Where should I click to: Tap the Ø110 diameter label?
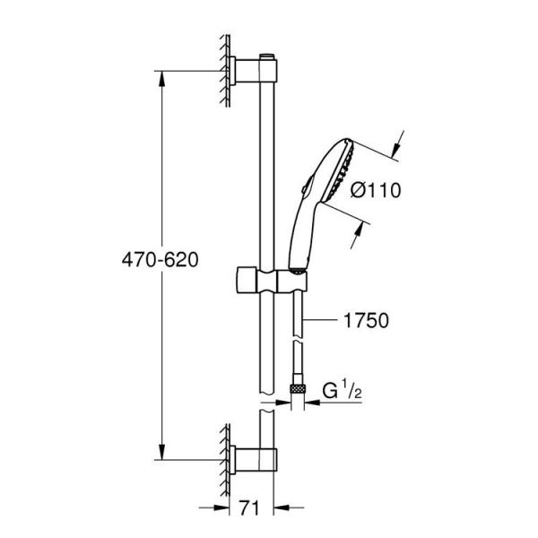pyautogui.click(x=375, y=190)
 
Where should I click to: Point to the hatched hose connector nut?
pyautogui.click(x=298, y=388)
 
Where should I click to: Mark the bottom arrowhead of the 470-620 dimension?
pyautogui.click(x=161, y=453)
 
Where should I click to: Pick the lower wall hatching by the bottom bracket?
pyautogui.click(x=220, y=458)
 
